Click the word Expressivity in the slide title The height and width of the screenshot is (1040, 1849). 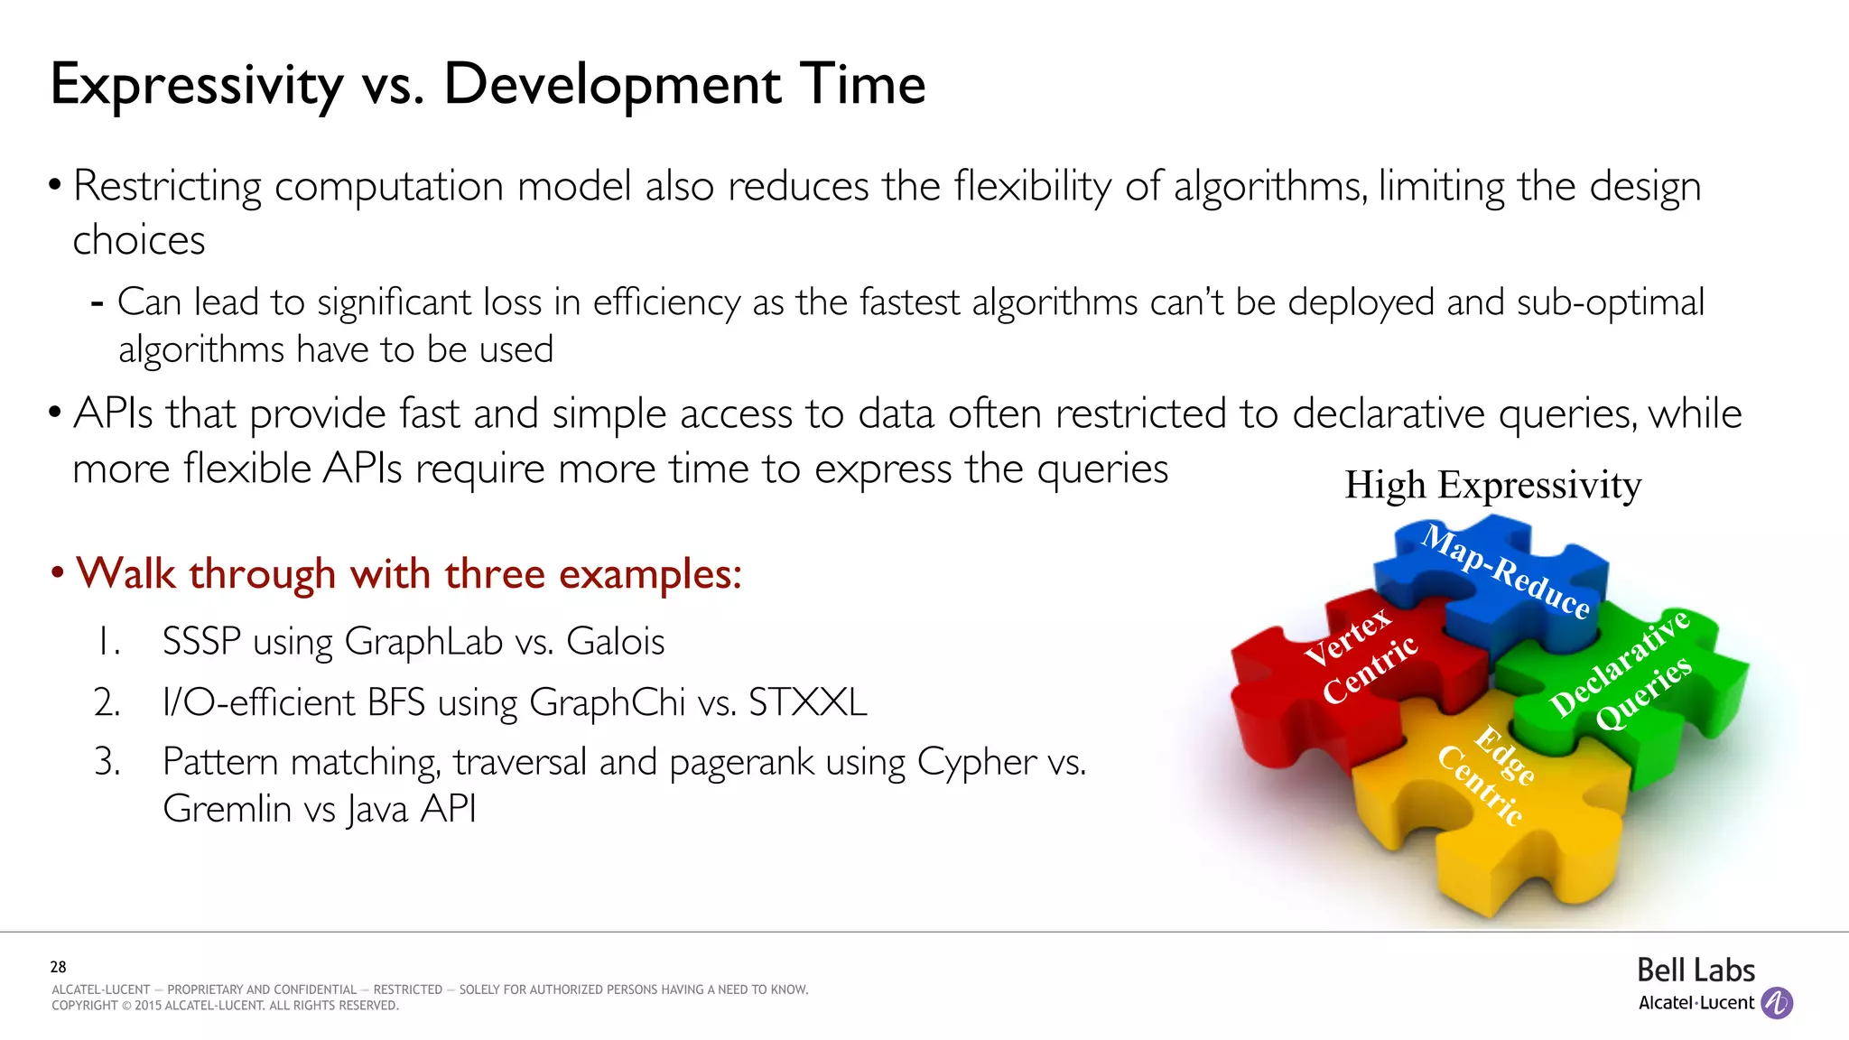tap(196, 86)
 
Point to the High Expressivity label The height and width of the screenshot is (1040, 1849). tap(1492, 485)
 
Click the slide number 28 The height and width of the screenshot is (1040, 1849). tap(58, 967)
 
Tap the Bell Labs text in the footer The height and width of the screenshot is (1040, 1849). tap(1696, 970)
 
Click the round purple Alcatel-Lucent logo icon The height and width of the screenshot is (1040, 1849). tap(1777, 1003)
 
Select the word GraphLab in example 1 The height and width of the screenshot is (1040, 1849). tap(423, 642)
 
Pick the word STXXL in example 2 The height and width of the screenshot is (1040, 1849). tap(807, 702)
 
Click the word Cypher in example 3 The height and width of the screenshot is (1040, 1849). tap(977, 763)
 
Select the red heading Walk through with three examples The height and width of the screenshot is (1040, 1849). tap(408, 573)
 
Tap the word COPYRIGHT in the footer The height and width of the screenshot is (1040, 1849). tap(84, 1006)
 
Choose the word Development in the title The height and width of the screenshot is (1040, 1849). tap(612, 86)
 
